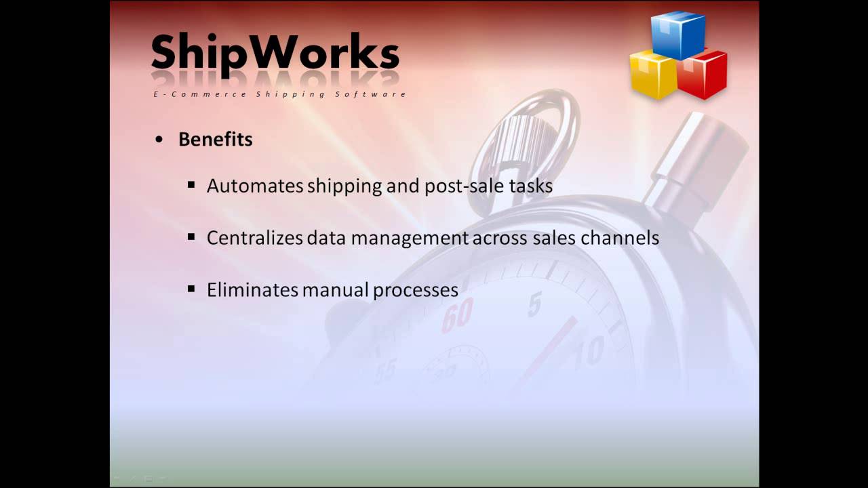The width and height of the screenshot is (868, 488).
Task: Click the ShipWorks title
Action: pyautogui.click(x=275, y=53)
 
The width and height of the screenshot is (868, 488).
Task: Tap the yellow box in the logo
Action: pyautogui.click(x=653, y=75)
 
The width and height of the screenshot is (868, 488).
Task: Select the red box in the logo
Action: pyautogui.click(x=703, y=75)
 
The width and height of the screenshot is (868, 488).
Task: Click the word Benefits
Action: pyautogui.click(x=215, y=140)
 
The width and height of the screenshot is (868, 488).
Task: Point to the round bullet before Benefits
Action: pyautogui.click(x=159, y=140)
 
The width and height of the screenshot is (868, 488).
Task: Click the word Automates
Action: pyautogui.click(x=255, y=186)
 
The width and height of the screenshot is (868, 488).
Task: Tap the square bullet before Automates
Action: pyautogui.click(x=191, y=184)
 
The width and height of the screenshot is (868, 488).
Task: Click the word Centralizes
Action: pyautogui.click(x=254, y=238)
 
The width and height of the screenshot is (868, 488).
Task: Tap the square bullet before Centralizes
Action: pyautogui.click(x=191, y=237)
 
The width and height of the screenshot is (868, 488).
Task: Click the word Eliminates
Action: pyautogui.click(x=252, y=290)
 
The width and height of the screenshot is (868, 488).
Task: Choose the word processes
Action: pyautogui.click(x=416, y=291)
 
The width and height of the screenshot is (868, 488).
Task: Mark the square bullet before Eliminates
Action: pyautogui.click(x=191, y=289)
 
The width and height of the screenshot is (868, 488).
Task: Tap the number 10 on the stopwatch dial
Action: pyautogui.click(x=589, y=352)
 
